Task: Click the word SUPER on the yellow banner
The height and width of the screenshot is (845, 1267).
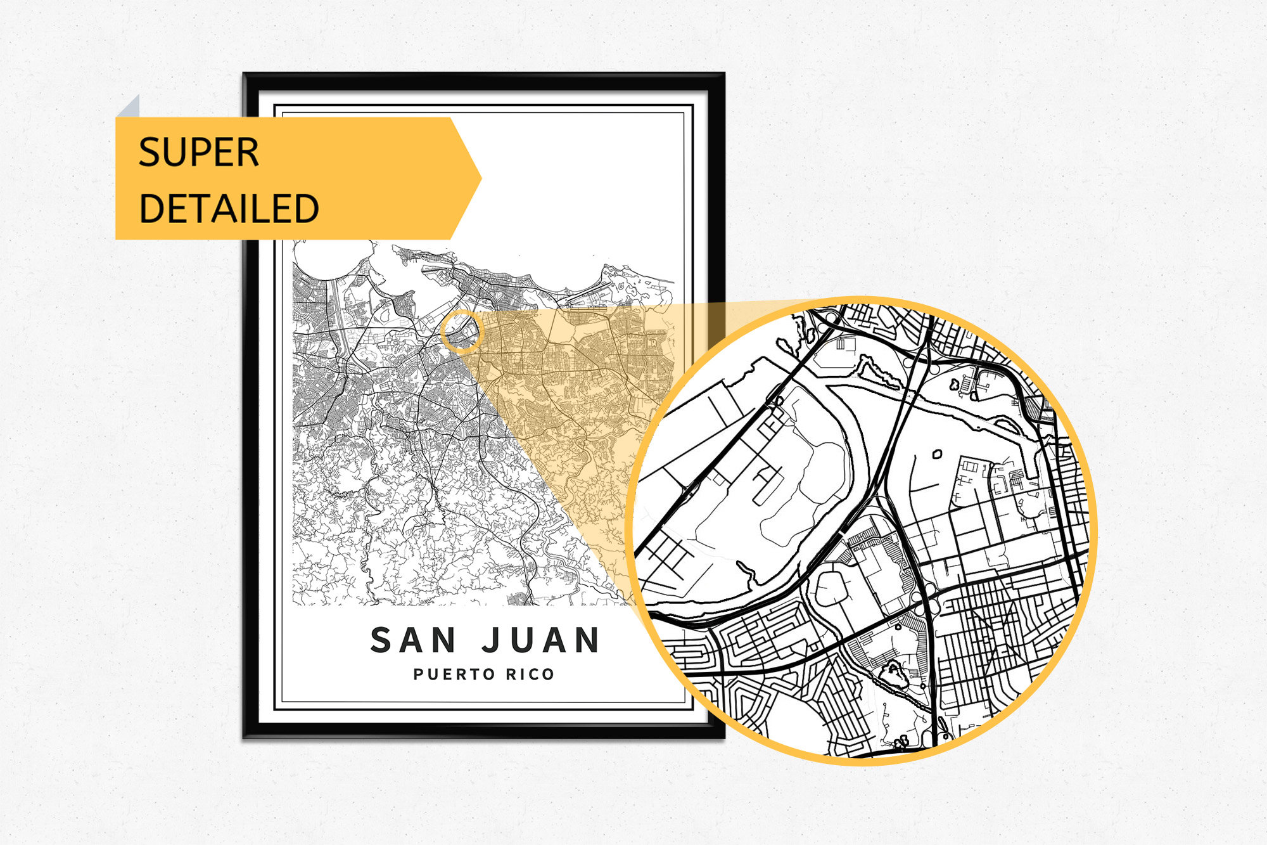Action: click(198, 152)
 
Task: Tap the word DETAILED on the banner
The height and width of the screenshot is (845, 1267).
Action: click(229, 209)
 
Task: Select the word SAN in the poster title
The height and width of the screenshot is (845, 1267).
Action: click(413, 640)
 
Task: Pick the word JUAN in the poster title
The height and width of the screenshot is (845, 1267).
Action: click(540, 640)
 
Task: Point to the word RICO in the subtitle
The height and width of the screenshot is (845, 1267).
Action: click(530, 674)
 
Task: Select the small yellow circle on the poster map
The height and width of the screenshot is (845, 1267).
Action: click(462, 332)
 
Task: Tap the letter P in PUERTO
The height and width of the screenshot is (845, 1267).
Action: click(418, 674)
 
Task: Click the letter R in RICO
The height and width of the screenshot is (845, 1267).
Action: click(510, 674)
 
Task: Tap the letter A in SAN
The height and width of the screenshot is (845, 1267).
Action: click(413, 640)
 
